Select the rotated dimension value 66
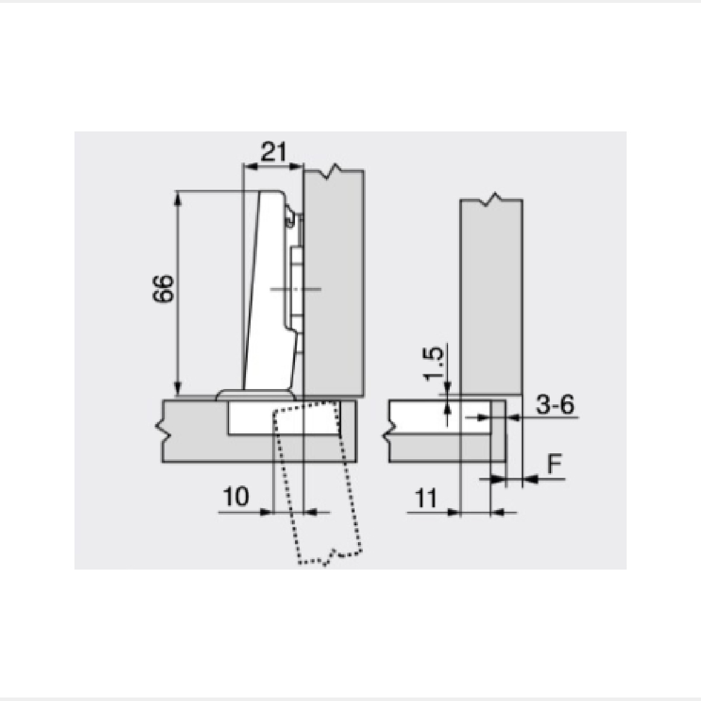162,289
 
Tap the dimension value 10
236,497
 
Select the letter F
555,464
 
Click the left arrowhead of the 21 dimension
250,166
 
